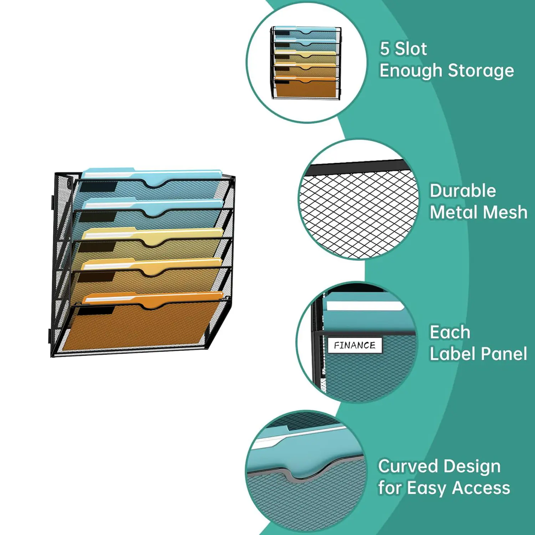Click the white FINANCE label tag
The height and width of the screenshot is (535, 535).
coord(355,345)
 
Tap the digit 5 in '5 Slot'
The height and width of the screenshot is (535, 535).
coord(384,49)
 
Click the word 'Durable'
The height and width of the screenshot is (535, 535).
coord(463,191)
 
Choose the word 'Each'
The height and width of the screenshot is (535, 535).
coord(450,332)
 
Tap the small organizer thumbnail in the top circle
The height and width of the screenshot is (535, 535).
coord(306,62)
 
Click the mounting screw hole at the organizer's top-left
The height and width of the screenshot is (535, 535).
coord(69,183)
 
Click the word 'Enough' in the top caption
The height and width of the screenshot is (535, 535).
coord(410,71)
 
